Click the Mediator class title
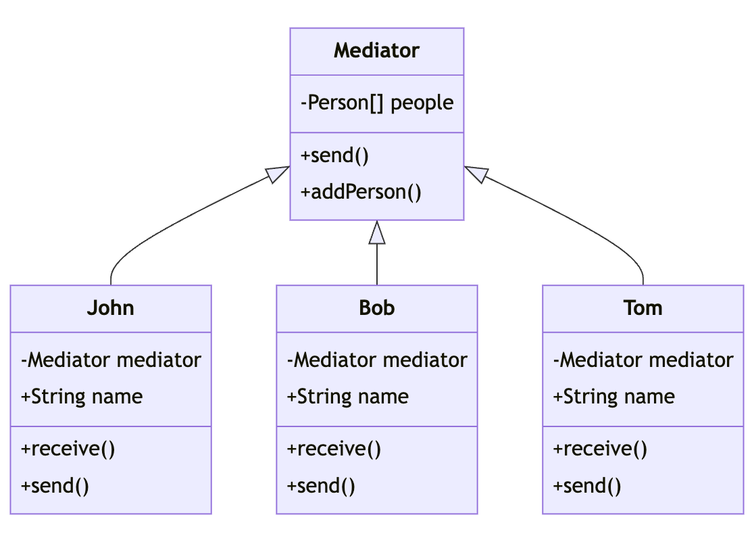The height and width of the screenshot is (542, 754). [376, 51]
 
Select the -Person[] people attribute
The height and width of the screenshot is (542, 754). [376, 103]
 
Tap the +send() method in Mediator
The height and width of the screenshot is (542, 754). [335, 155]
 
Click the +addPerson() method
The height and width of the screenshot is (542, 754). [361, 192]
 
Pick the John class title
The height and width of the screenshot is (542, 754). [110, 308]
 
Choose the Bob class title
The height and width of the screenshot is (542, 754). [376, 308]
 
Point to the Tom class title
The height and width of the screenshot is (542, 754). [643, 308]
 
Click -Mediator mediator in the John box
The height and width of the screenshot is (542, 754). [111, 360]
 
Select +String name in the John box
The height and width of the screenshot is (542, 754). [82, 396]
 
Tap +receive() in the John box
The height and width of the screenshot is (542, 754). [68, 449]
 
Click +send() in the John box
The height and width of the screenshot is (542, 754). [55, 486]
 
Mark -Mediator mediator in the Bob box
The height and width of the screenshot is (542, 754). [377, 360]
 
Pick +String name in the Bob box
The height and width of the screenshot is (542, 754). [348, 396]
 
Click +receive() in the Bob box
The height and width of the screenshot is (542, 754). [334, 449]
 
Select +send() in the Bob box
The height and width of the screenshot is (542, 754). [322, 486]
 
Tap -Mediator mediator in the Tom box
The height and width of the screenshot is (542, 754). [643, 360]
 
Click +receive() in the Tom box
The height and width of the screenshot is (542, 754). [600, 449]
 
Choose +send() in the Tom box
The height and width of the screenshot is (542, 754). [588, 486]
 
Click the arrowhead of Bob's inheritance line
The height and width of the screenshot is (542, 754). [377, 232]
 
